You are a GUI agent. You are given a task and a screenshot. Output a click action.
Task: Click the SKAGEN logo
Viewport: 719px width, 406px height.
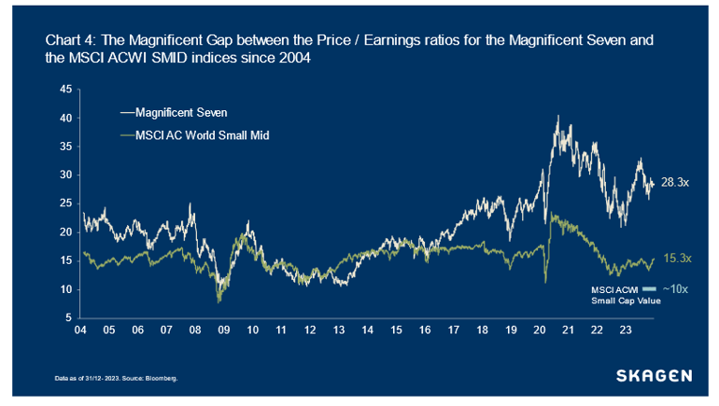click(654, 375)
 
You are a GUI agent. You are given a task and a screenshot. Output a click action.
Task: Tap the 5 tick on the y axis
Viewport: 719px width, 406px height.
click(68, 318)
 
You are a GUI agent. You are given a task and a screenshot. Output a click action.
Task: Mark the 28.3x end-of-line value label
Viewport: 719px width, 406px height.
click(675, 183)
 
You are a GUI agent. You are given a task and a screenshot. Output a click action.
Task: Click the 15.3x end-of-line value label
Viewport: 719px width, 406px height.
click(676, 258)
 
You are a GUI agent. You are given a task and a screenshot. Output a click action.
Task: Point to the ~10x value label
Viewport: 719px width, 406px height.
click(676, 289)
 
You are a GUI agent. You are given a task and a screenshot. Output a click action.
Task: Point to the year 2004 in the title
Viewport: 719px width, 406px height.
click(296, 58)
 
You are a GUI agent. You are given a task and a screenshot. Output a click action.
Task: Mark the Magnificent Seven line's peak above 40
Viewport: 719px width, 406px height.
click(557, 117)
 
